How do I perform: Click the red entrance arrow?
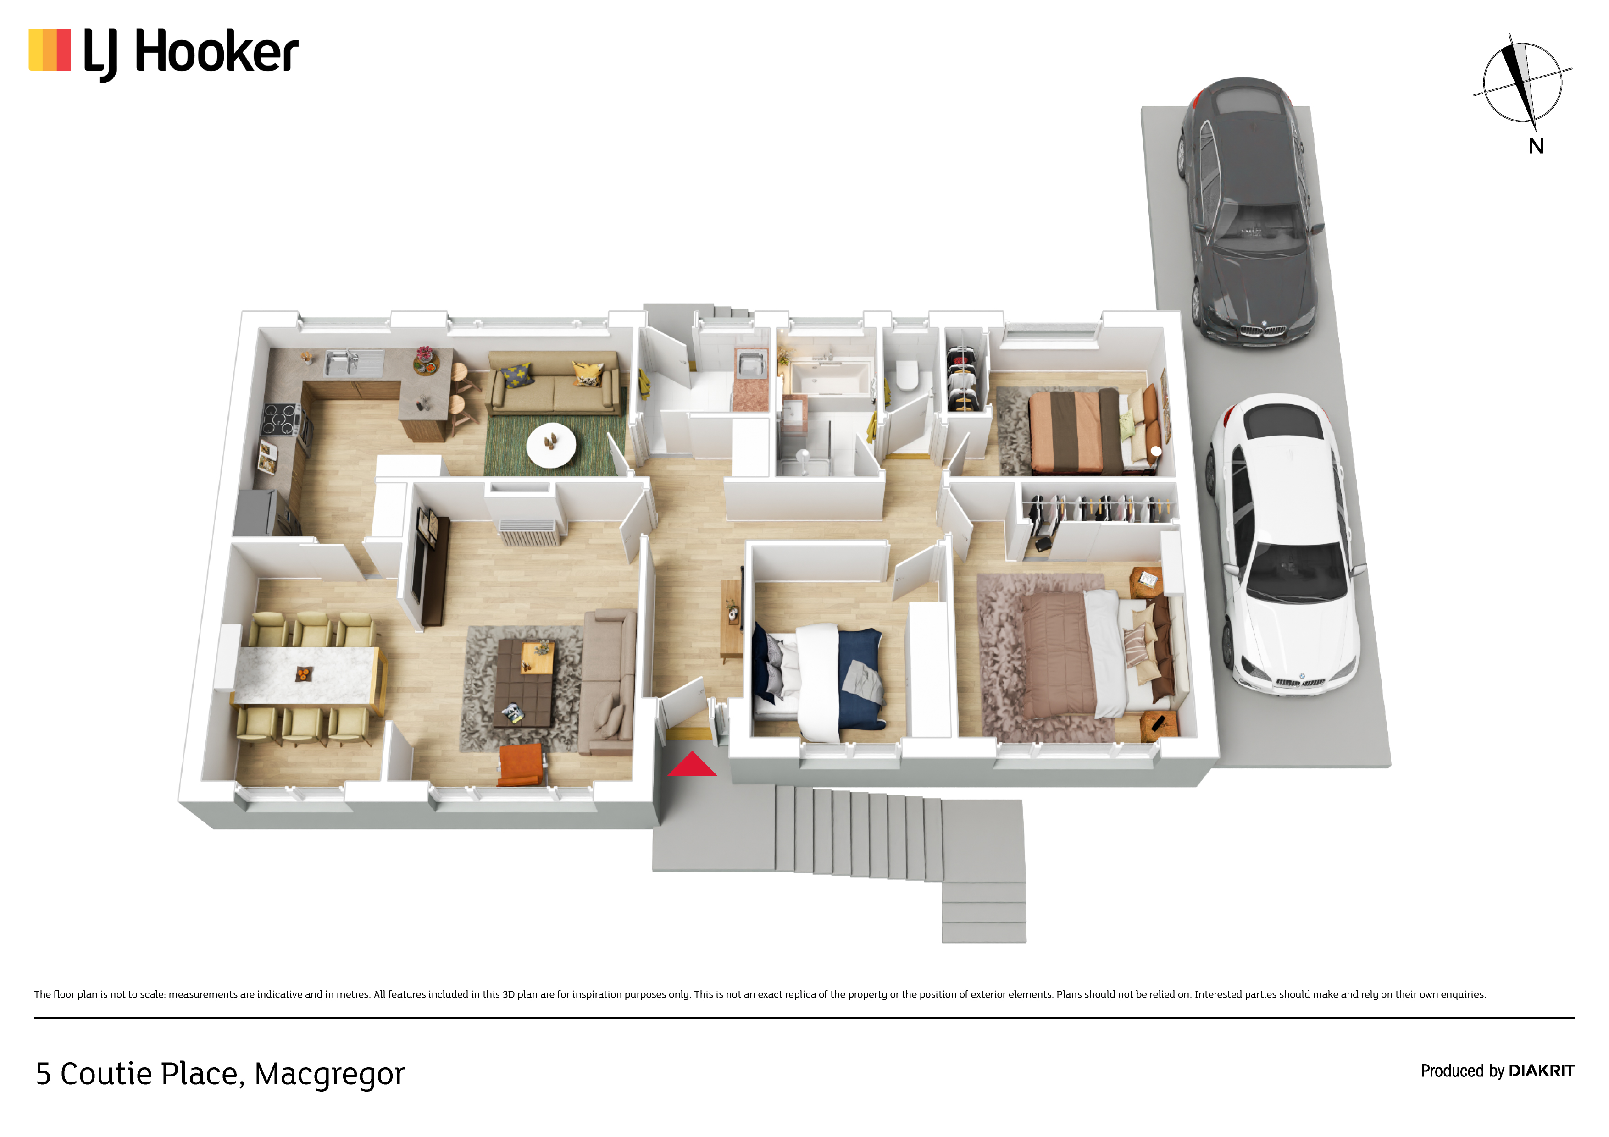(x=692, y=765)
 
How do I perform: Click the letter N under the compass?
(x=1536, y=146)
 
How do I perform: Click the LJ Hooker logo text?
(x=191, y=53)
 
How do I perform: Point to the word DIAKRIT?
(x=1541, y=1071)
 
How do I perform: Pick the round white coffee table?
(x=551, y=445)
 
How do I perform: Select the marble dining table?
(x=306, y=674)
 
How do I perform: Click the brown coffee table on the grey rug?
(x=525, y=682)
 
